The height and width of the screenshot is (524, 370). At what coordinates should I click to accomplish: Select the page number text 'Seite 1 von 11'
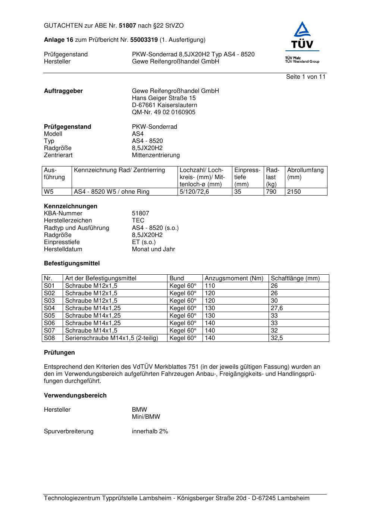pyautogui.click(x=305, y=77)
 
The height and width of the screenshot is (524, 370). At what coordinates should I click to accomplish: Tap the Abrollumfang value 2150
pyautogui.click(x=294, y=192)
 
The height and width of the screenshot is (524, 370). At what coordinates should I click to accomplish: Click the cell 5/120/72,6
pyautogui.click(x=194, y=192)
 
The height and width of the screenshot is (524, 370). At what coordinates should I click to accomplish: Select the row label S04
pyautogui.click(x=49, y=308)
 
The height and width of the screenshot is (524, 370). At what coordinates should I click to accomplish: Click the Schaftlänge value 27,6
pyautogui.click(x=277, y=308)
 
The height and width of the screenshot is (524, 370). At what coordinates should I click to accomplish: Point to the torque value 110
pyautogui.click(x=210, y=286)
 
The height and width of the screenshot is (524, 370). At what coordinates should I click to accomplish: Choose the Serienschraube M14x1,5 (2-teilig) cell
pyautogui.click(x=112, y=338)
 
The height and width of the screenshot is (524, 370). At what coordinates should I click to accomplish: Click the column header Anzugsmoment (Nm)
pyautogui.click(x=234, y=278)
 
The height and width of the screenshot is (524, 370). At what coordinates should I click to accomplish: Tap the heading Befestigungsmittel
pyautogui.click(x=72, y=263)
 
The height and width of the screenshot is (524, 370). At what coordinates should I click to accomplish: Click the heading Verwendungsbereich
pyautogui.click(x=75, y=396)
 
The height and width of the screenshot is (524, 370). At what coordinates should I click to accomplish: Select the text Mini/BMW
pyautogui.click(x=146, y=417)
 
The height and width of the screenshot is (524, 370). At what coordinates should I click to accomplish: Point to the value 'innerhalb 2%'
pyautogui.click(x=150, y=431)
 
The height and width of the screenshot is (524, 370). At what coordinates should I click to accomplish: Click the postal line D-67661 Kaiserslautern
pyautogui.click(x=164, y=105)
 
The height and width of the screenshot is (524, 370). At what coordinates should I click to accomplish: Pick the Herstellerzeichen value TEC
pyautogui.click(x=138, y=221)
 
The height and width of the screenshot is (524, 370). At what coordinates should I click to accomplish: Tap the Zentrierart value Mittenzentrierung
pyautogui.click(x=156, y=155)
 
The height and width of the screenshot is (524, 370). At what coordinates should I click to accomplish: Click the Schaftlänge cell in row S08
pyautogui.click(x=277, y=338)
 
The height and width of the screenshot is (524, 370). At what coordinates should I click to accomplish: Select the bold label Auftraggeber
pyautogui.click(x=63, y=91)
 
